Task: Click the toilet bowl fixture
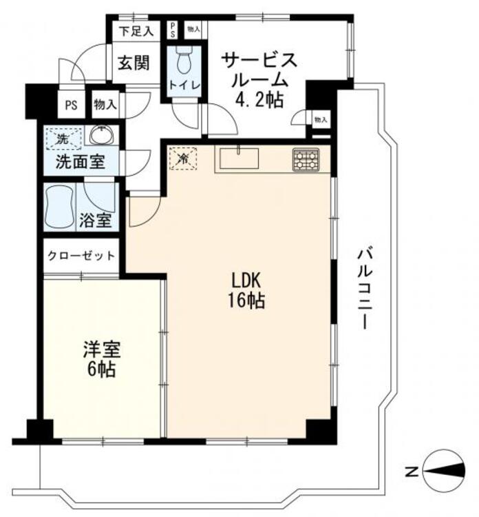[x=183, y=61]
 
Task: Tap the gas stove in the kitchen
[x=306, y=160]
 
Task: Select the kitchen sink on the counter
[x=239, y=159]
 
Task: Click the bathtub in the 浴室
[x=60, y=205]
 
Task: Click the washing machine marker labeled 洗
[x=63, y=138]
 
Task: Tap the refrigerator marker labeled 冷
[x=182, y=159]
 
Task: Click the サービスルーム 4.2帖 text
[x=259, y=79]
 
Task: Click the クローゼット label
[x=81, y=256]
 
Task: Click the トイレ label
[x=184, y=85]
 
